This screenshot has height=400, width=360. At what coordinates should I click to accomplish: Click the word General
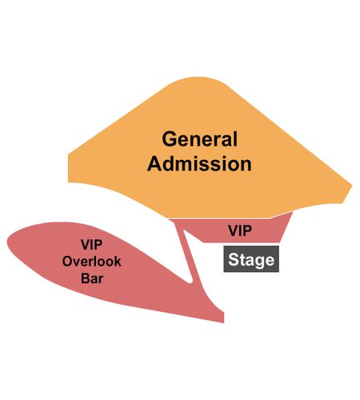coord(199,139)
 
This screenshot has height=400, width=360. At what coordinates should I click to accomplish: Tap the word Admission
coord(199,163)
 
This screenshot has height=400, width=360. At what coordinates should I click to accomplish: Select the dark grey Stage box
coord(251,259)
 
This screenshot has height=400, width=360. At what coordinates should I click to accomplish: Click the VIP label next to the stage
coord(240,230)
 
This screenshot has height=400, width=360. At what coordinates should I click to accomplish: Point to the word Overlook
coord(91,262)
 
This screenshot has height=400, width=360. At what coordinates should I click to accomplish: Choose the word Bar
coord(92,278)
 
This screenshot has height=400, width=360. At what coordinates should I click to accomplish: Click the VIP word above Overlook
coord(91,245)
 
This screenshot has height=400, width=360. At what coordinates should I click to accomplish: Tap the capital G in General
coord(170,139)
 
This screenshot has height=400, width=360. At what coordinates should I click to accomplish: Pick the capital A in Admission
coord(154,163)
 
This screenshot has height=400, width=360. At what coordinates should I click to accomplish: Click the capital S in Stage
coord(234,259)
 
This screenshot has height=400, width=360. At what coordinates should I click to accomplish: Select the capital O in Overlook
coord(68,262)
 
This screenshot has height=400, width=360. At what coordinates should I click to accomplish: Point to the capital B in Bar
coord(86,278)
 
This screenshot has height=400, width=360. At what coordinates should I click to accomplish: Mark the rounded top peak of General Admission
coord(198,78)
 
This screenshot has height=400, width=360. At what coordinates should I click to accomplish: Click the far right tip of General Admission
coord(352,186)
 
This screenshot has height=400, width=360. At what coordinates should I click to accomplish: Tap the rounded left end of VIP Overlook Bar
coord(7,242)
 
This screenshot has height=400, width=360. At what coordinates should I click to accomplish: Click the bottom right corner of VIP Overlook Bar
coord(223,322)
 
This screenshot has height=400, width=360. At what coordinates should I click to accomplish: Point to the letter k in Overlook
coord(118,262)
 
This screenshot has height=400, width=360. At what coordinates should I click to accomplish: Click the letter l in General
coord(234,138)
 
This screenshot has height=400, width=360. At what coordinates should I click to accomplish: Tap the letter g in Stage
coord(259,262)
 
